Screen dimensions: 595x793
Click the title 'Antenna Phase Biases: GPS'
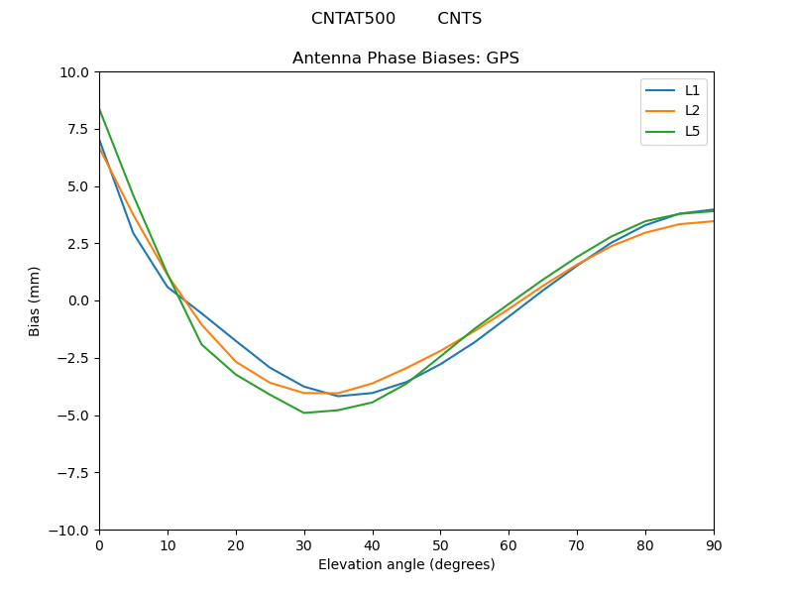click(405, 59)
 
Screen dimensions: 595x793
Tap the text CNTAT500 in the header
click(353, 19)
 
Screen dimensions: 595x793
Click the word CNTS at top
click(459, 19)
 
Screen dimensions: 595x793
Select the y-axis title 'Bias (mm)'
click(35, 300)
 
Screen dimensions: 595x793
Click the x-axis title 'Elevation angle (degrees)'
click(406, 565)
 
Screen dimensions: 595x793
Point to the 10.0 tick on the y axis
click(73, 72)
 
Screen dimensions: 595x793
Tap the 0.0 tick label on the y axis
click(77, 300)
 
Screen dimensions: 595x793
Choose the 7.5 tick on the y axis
click(77, 129)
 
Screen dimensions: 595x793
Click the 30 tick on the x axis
click(304, 545)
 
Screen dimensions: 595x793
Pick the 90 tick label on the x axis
click(714, 545)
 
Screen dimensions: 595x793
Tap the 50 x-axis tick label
click(440, 545)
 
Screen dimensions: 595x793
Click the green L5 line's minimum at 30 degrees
click(304, 413)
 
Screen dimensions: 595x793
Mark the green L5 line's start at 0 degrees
click(100, 109)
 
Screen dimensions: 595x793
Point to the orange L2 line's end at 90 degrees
click(713, 221)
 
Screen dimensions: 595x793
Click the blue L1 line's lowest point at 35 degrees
click(338, 397)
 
